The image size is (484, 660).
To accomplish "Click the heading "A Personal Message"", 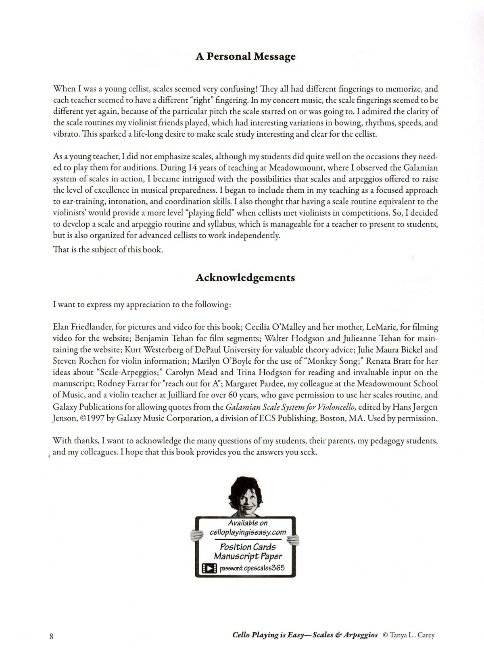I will pyautogui.click(x=245, y=56).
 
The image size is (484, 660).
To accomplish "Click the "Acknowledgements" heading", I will pyautogui.click(x=245, y=278).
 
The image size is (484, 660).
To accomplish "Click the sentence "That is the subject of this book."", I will pyautogui.click(x=108, y=250).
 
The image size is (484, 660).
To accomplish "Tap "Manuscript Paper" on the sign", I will pyautogui.click(x=248, y=556).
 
